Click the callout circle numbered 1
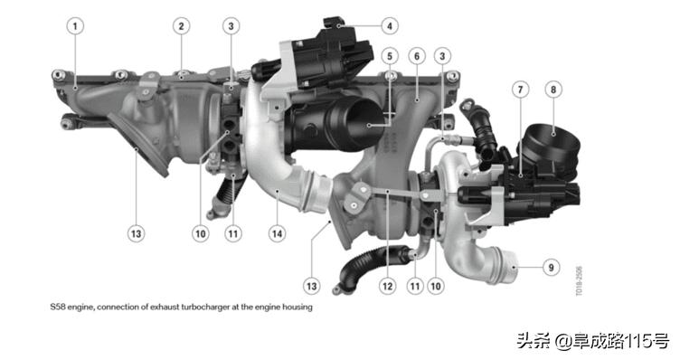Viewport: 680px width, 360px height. click(x=75, y=26)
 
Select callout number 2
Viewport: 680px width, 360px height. click(x=181, y=26)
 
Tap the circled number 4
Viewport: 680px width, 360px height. click(x=390, y=26)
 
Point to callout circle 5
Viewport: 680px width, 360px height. click(x=390, y=56)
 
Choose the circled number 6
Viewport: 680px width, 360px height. click(x=417, y=56)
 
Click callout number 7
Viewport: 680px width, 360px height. click(x=521, y=90)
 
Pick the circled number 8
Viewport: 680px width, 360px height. click(x=553, y=90)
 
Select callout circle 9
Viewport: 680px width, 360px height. click(x=552, y=267)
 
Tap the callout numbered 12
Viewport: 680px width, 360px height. click(x=387, y=286)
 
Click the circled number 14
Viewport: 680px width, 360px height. click(x=277, y=234)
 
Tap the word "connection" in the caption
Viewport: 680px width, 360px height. click(x=118, y=307)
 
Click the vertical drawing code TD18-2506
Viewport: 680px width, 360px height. click(x=579, y=281)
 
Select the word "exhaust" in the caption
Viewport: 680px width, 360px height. click(x=162, y=307)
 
